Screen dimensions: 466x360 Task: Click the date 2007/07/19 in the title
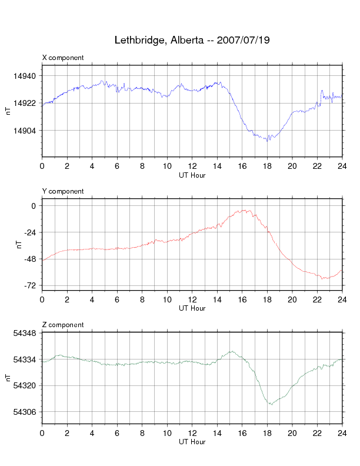click(243, 41)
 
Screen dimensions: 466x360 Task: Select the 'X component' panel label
click(63, 58)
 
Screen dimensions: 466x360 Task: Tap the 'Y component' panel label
click(63, 191)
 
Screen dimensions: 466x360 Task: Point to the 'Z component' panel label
click(63, 325)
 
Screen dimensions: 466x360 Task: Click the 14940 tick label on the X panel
click(25, 76)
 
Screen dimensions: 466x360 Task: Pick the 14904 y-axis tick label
click(25, 131)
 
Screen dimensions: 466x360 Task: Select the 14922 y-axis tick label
click(25, 104)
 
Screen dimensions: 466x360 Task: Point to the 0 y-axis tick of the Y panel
click(34, 206)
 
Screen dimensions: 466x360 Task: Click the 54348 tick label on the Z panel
click(25, 333)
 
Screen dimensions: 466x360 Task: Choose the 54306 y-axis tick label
click(25, 412)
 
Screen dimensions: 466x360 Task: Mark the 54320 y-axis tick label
click(25, 385)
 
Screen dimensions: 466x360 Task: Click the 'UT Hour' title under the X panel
click(192, 175)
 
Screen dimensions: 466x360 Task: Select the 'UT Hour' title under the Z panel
click(192, 442)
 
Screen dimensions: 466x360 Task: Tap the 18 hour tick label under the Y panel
click(267, 299)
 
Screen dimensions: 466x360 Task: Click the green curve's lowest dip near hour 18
click(271, 405)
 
